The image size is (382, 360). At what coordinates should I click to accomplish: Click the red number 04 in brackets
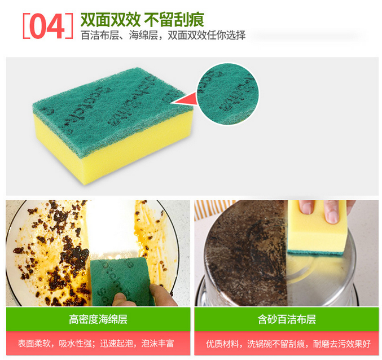point(48,27)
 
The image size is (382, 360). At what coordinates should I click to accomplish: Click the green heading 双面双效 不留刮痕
point(142,20)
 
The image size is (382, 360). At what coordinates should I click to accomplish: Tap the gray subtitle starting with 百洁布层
point(163,36)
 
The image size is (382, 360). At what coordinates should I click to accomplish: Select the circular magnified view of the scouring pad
point(228,94)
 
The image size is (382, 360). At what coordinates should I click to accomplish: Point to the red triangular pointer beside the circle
point(186,99)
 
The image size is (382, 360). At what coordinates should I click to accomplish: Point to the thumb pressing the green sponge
point(123,300)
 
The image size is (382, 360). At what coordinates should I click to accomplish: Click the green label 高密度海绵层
point(98,319)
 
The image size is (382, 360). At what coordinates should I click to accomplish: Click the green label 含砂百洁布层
point(287,319)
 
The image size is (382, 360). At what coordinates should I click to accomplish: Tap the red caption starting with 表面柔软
point(96,344)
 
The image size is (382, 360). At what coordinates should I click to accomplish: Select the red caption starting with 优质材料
point(288,344)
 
